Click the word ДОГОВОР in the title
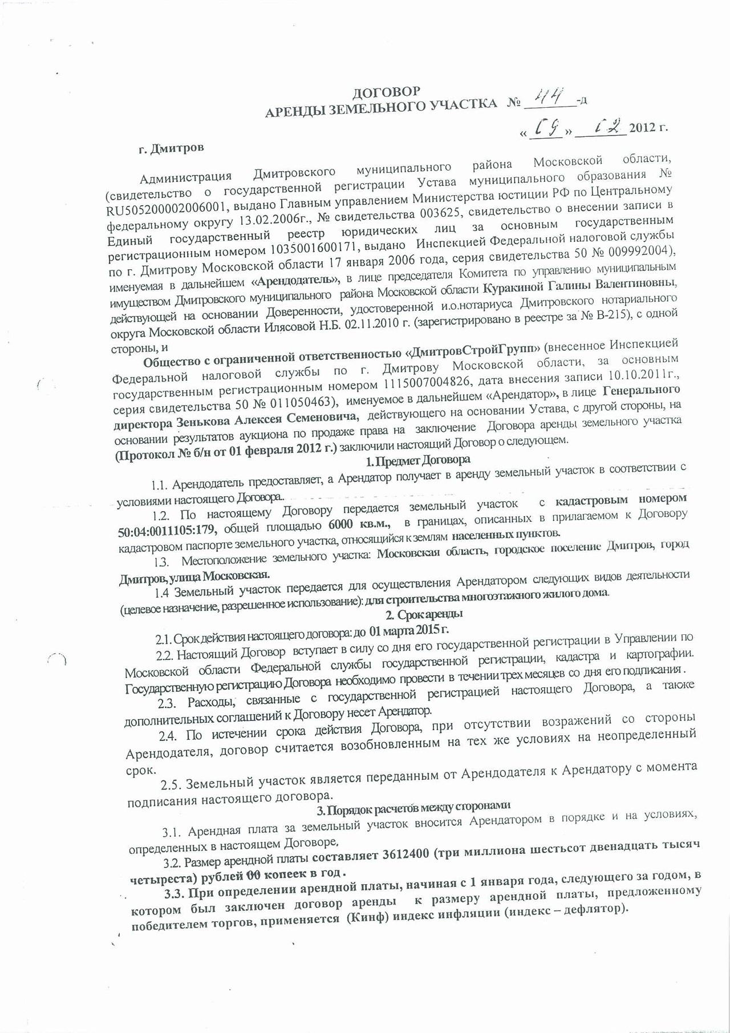pyautogui.click(x=386, y=92)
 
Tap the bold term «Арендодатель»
pyautogui.click(x=295, y=281)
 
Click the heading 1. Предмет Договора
pyautogui.click(x=418, y=460)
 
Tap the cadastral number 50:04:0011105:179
pyautogui.click(x=167, y=530)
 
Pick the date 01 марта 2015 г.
pyautogui.click(x=409, y=630)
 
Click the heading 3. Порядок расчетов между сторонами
pyautogui.click(x=413, y=807)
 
